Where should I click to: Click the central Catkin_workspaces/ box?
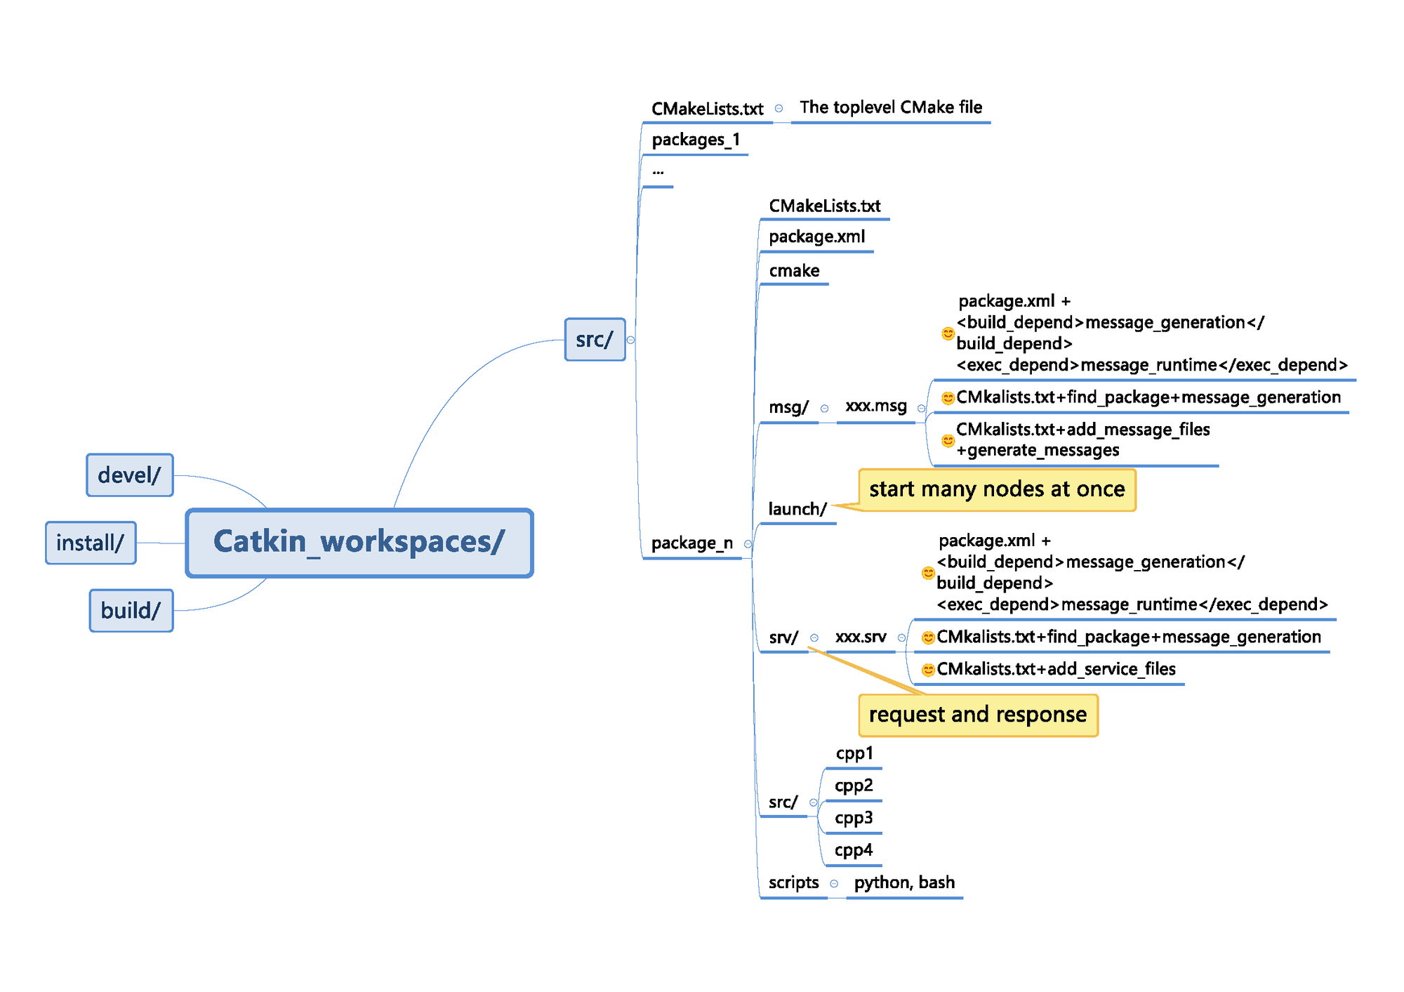tap(359, 543)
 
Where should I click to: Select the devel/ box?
tap(130, 475)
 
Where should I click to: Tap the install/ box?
tap(91, 543)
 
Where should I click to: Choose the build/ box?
tap(131, 611)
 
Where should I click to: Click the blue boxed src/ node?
tap(595, 340)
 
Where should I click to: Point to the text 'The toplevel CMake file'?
tap(891, 107)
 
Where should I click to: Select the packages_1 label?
tap(696, 140)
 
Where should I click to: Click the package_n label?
tap(691, 543)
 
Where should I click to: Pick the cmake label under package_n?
tap(794, 271)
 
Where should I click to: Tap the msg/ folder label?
tap(788, 407)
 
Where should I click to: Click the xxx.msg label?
tap(876, 406)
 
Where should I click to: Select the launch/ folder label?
tap(797, 509)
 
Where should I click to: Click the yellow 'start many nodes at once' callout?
tap(997, 489)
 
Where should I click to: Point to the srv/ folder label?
tap(783, 637)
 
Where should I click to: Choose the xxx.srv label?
tap(861, 637)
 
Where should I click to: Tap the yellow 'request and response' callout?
tap(978, 715)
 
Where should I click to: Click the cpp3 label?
tap(854, 818)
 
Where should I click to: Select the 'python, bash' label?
tap(904, 882)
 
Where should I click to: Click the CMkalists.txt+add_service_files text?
tap(1056, 669)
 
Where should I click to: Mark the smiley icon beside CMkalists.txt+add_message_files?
tap(948, 441)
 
